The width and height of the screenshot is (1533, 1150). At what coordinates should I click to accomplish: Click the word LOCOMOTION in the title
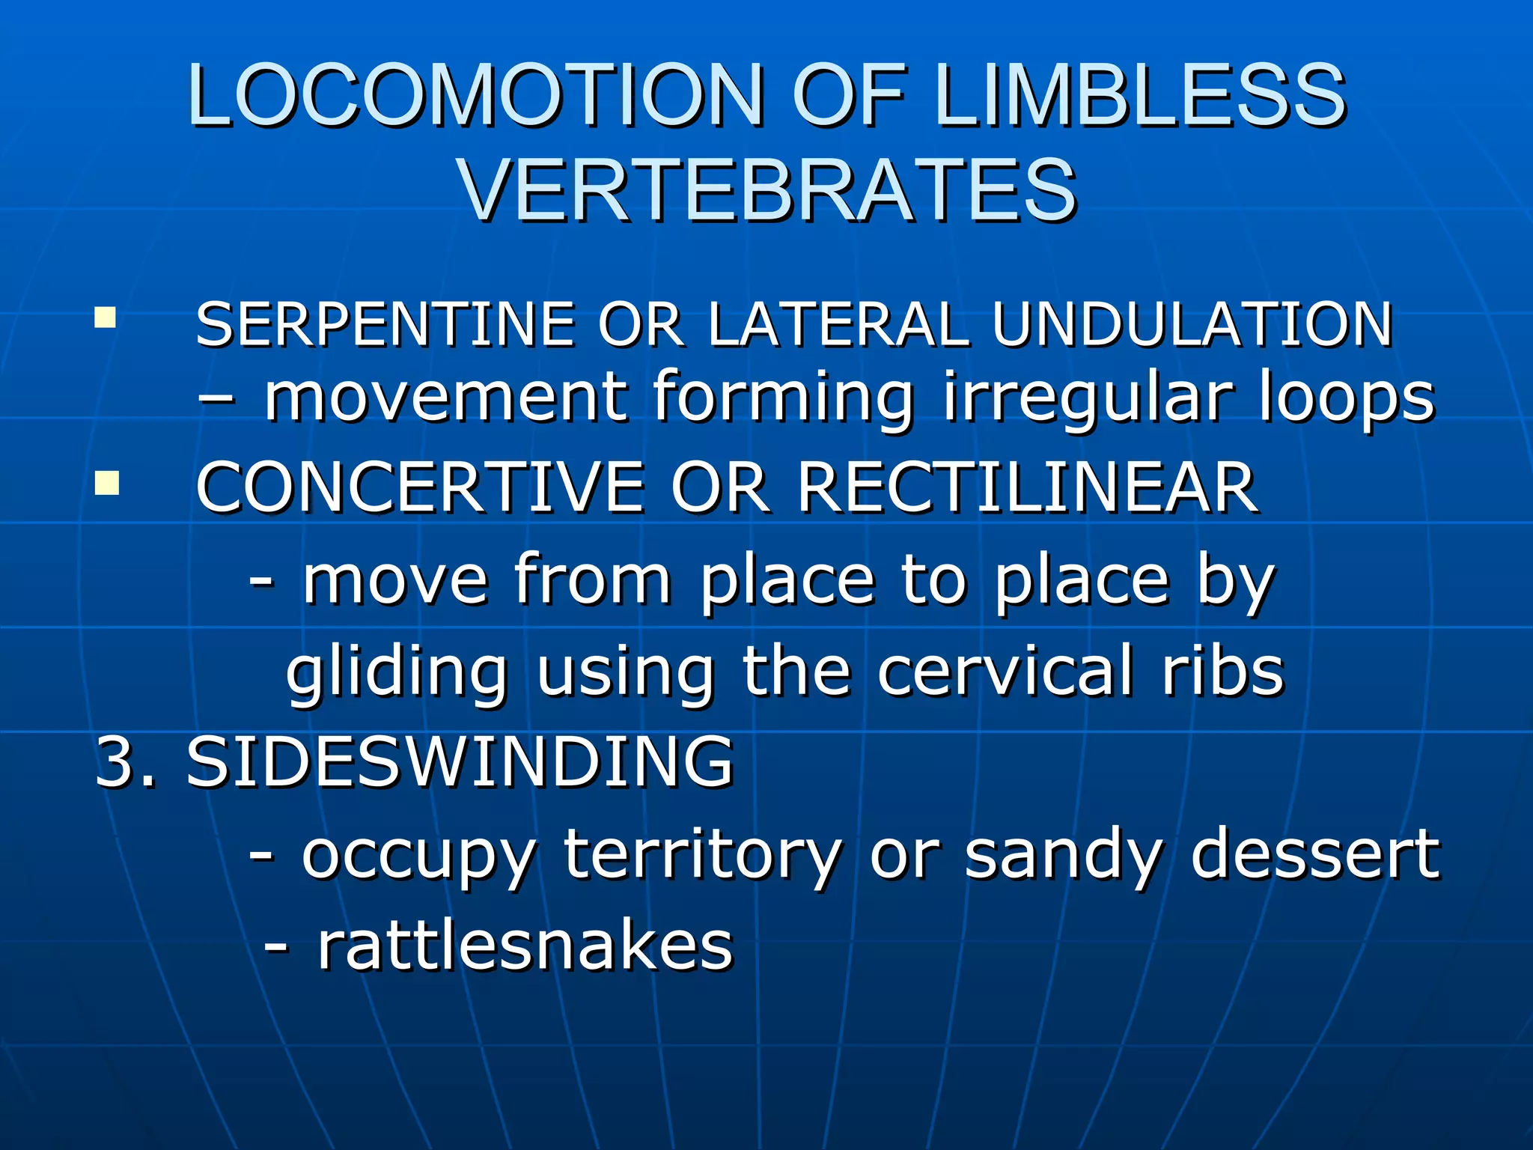(x=475, y=96)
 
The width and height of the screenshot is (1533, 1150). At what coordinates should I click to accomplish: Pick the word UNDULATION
(x=1192, y=325)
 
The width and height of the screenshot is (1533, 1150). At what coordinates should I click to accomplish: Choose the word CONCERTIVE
(x=419, y=488)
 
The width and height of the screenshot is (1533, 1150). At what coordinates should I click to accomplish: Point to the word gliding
(x=397, y=672)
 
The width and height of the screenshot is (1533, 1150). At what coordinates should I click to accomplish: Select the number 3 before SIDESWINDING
(x=117, y=762)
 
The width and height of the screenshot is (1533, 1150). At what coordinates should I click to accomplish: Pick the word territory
(x=702, y=855)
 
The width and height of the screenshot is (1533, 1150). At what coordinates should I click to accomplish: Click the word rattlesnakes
(x=525, y=946)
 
